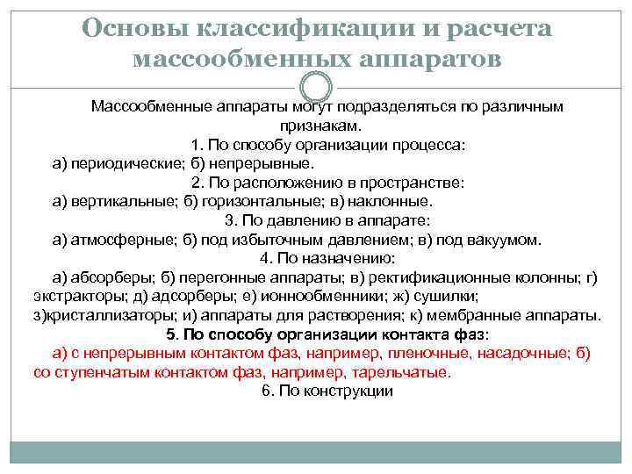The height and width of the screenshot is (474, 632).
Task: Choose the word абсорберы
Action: (x=112, y=277)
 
